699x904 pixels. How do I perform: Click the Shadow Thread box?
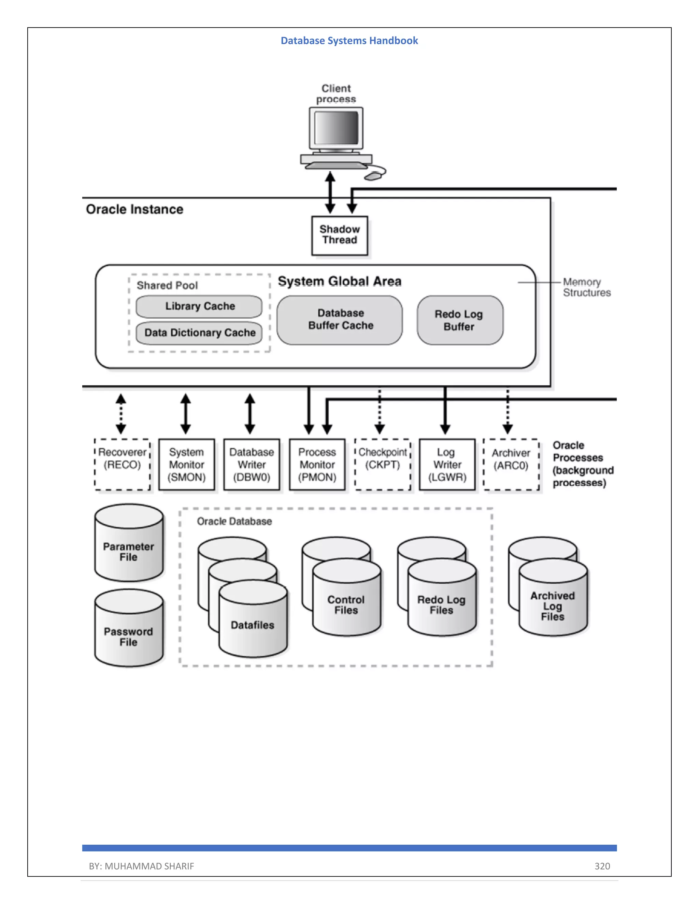[x=340, y=235]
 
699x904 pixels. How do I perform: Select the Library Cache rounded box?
[x=199, y=306]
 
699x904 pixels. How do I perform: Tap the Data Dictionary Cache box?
[x=199, y=333]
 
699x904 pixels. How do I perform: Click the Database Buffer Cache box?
[x=340, y=320]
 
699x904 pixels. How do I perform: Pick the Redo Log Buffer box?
[x=460, y=320]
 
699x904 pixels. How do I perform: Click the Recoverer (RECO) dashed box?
[x=122, y=464]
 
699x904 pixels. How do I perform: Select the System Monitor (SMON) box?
[x=187, y=464]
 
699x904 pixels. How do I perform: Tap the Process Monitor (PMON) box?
[x=317, y=464]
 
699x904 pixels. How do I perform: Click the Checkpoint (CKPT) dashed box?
[x=383, y=464]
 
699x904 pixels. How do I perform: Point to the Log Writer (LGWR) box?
[x=447, y=464]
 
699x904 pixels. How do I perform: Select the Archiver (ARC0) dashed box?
[x=511, y=464]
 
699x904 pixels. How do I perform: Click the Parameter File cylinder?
[x=129, y=546]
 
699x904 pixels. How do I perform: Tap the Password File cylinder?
[x=129, y=631]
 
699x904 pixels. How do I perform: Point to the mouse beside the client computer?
[x=373, y=176]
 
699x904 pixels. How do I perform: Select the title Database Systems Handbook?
[x=349, y=41]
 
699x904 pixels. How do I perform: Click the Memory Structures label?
[x=586, y=287]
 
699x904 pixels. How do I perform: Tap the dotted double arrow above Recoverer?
[x=121, y=413]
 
